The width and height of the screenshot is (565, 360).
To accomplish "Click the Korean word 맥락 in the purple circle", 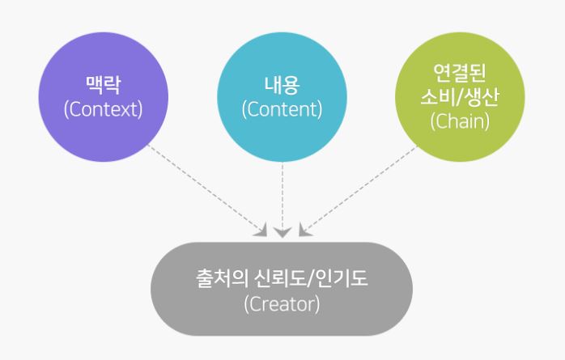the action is (x=103, y=85).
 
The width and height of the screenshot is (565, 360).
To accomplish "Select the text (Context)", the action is (x=103, y=109).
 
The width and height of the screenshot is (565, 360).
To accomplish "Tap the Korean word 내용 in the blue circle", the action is (x=282, y=85).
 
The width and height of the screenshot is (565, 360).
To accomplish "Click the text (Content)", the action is (x=282, y=109).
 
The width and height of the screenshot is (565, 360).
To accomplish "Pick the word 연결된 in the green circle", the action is (x=460, y=73).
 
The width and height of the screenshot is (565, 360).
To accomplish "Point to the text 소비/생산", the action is (x=460, y=97).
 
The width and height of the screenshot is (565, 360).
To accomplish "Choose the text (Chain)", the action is (x=460, y=121).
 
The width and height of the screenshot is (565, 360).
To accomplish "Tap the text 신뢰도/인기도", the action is (x=311, y=278).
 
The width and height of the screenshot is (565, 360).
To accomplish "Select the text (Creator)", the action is (x=282, y=304).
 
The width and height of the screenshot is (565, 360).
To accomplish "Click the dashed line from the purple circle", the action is (x=205, y=188).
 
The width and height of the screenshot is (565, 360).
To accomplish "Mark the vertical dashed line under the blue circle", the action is (x=282, y=197).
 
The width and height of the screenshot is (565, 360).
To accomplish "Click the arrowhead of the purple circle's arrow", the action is (x=261, y=231).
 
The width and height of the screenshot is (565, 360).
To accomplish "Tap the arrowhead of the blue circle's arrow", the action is (x=282, y=232).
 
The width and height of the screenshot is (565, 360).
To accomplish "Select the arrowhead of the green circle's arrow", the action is (x=304, y=231).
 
